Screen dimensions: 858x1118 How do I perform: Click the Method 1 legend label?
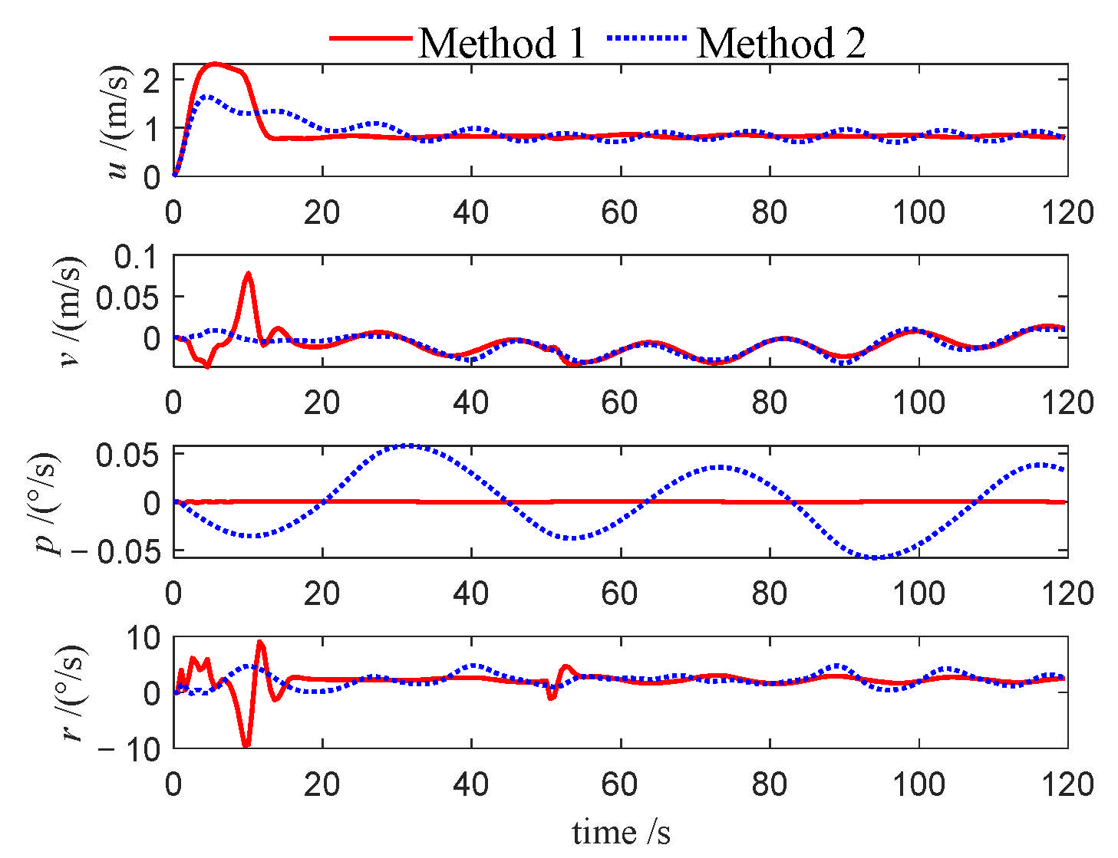(x=502, y=42)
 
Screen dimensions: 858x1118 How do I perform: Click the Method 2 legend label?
(x=781, y=42)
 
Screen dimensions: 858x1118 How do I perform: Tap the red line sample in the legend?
(x=371, y=38)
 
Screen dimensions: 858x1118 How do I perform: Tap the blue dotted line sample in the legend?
(x=646, y=38)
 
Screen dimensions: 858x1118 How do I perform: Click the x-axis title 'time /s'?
(x=621, y=832)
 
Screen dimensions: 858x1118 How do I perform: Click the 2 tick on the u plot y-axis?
(x=151, y=81)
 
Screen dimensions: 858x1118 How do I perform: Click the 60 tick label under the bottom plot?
(x=619, y=784)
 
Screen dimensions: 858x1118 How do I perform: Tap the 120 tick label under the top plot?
(x=1067, y=212)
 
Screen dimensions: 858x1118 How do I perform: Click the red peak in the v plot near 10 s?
(x=248, y=273)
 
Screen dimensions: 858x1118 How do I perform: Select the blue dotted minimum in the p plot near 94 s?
(x=875, y=557)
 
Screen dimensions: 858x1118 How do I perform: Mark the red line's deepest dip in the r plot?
(x=246, y=745)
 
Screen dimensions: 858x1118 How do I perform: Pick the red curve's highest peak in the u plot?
(x=215, y=64)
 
